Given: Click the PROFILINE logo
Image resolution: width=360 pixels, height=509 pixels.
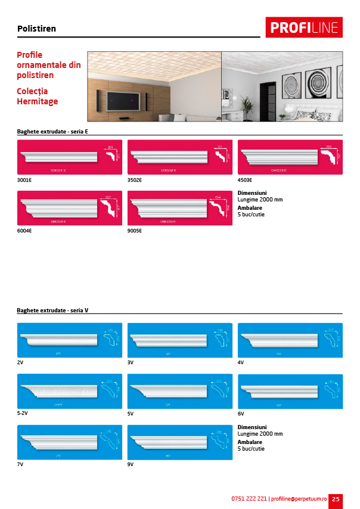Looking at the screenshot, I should point(304,27).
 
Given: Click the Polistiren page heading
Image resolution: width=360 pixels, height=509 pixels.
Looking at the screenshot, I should point(37,29).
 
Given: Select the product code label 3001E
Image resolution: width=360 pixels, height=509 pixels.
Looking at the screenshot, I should point(25,179).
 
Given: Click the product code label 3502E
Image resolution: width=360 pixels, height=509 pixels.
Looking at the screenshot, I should point(135,179).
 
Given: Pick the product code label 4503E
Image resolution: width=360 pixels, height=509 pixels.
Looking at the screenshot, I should point(246,179).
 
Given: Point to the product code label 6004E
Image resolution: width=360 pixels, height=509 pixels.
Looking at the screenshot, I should point(25,231).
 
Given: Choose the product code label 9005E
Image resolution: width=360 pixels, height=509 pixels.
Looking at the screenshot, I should point(135,231).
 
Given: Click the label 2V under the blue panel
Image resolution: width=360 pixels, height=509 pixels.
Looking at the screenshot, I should point(20,362).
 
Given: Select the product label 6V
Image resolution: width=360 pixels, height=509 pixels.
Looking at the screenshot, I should point(241,413).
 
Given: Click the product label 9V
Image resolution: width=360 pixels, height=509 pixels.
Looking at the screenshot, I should point(131,464).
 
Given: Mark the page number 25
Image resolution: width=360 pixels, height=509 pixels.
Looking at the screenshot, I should point(336,499).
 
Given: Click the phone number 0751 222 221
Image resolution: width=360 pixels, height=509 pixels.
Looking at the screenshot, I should point(249,499).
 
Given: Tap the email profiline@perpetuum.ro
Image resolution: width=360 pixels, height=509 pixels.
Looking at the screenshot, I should point(299,499).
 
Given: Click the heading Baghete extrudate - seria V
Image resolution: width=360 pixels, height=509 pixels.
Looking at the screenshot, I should point(53,311).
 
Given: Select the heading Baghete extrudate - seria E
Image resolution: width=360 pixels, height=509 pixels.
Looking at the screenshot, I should point(52,131).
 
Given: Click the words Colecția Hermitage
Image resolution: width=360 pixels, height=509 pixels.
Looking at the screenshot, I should point(38,97).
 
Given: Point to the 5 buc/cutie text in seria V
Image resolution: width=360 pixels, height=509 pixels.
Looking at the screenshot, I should point(251,449).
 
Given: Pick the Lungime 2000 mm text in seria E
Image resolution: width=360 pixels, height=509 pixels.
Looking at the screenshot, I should point(260,200).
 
